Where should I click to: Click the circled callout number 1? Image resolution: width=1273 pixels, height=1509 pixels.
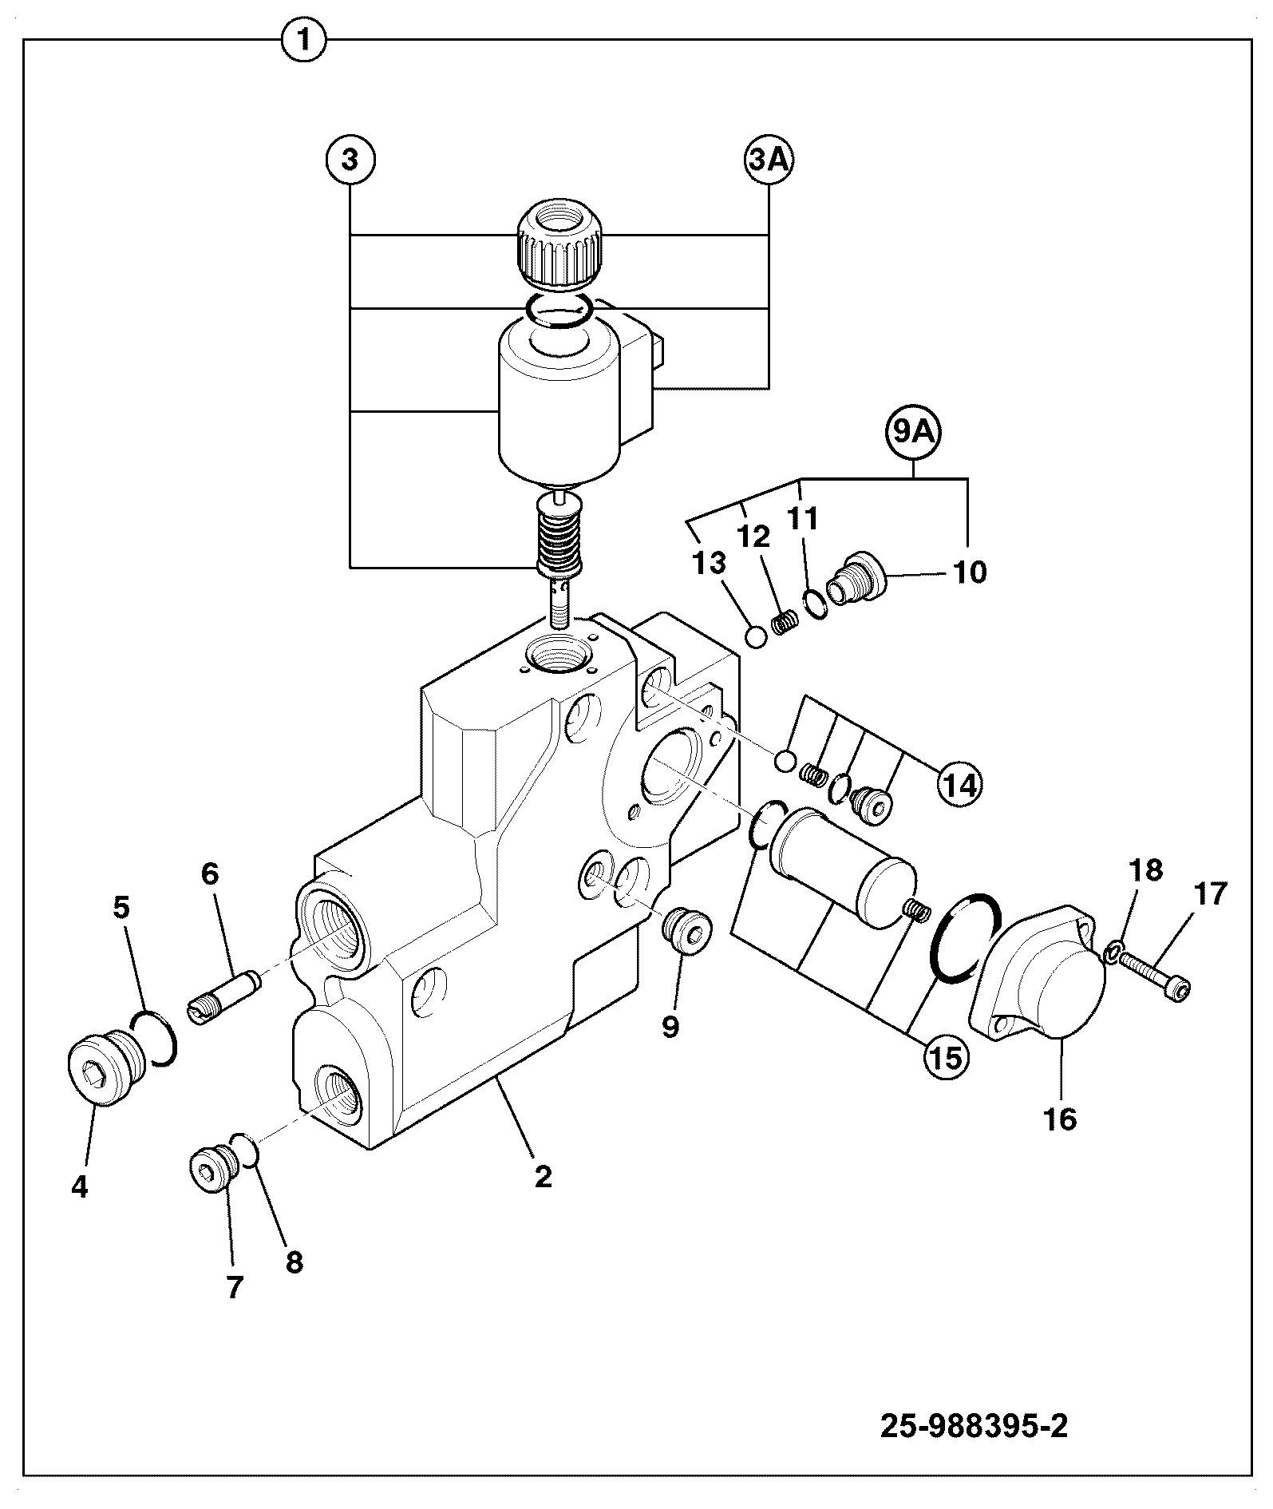point(304,40)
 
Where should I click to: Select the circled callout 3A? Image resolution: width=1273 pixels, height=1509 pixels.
point(769,160)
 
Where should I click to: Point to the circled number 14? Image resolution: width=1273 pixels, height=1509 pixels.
point(959,784)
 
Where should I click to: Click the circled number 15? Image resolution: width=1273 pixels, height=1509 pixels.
point(946,1056)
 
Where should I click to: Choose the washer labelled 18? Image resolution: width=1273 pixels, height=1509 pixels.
point(1113,951)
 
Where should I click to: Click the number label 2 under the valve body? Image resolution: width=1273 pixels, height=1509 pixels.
point(544,1177)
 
